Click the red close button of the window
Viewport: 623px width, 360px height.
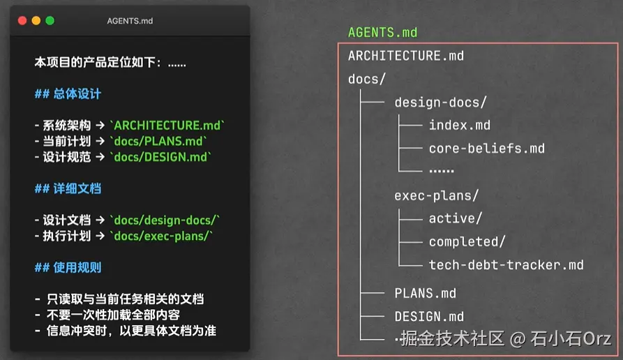(x=22, y=21)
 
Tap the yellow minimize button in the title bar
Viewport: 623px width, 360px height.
(x=36, y=21)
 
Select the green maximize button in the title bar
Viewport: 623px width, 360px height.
(x=50, y=21)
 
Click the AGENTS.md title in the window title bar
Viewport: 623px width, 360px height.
(x=130, y=21)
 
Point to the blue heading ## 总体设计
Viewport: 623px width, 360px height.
(x=68, y=93)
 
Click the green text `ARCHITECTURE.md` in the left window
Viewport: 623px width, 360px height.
(x=167, y=126)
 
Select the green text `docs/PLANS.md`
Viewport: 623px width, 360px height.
(x=158, y=141)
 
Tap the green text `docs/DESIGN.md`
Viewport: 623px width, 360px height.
(x=160, y=157)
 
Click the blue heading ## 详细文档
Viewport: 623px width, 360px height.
(x=68, y=188)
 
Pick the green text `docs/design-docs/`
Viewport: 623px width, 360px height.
(x=165, y=220)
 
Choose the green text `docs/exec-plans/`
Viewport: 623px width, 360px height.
(x=161, y=236)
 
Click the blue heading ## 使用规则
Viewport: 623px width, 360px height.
(x=68, y=267)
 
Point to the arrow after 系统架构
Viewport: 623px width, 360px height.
(x=100, y=126)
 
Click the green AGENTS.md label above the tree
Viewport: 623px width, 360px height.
(x=382, y=32)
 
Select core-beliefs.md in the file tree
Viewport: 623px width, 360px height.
(x=487, y=149)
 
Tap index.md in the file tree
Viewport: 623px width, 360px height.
(x=460, y=125)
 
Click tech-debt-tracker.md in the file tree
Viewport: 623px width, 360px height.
(x=506, y=265)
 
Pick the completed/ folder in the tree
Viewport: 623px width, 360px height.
(x=467, y=241)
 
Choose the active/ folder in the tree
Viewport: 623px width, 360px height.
(x=456, y=218)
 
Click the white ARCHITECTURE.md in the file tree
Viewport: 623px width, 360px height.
(x=406, y=56)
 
